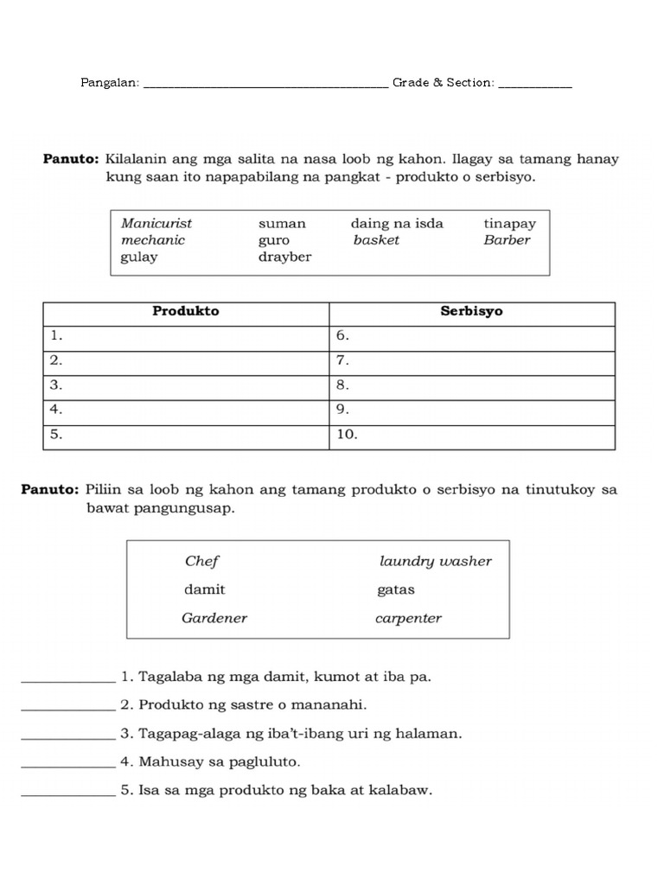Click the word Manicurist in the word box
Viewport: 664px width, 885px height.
(156, 223)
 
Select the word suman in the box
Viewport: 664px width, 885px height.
(282, 223)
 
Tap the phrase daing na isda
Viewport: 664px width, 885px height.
(397, 223)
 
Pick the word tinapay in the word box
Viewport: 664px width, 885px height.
(510, 223)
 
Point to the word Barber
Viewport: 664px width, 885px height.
(507, 240)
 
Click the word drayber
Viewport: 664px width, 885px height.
(284, 257)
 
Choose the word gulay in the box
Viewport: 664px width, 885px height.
(139, 257)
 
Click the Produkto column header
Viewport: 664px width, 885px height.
(186, 311)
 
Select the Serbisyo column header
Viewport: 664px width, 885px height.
(471, 311)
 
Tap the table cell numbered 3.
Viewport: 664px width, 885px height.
(186, 385)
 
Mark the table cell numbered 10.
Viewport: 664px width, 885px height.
(472, 436)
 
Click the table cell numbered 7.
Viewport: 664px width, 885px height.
(472, 360)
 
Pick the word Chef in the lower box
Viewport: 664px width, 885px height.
(202, 561)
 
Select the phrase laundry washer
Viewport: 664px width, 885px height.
(435, 561)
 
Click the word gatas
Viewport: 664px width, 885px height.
(396, 589)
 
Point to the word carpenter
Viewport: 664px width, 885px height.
(408, 618)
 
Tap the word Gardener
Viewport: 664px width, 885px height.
(214, 618)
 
